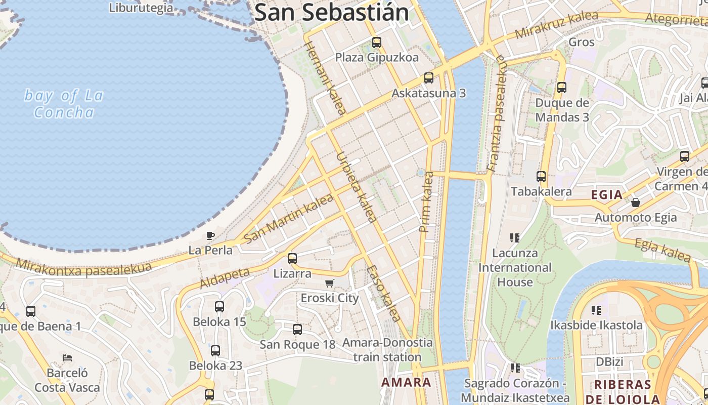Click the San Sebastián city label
coord(331,12)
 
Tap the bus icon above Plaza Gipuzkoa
coord(377,43)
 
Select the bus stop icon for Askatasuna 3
coord(429,78)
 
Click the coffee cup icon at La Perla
coord(210,235)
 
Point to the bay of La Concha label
coord(64,103)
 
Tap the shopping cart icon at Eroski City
coord(330,283)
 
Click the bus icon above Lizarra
coord(292,259)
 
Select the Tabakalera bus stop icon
coord(541,177)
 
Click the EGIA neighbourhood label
coord(607,194)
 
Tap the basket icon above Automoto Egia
coord(636,202)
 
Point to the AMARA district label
coord(407,382)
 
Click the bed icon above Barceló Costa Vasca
coord(67,358)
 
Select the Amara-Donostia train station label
coord(387,350)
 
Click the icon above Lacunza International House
coord(515,237)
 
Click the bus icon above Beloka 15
coord(219,307)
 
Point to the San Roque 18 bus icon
coord(297,330)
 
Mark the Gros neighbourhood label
coord(582,42)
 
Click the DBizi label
coord(609,362)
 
